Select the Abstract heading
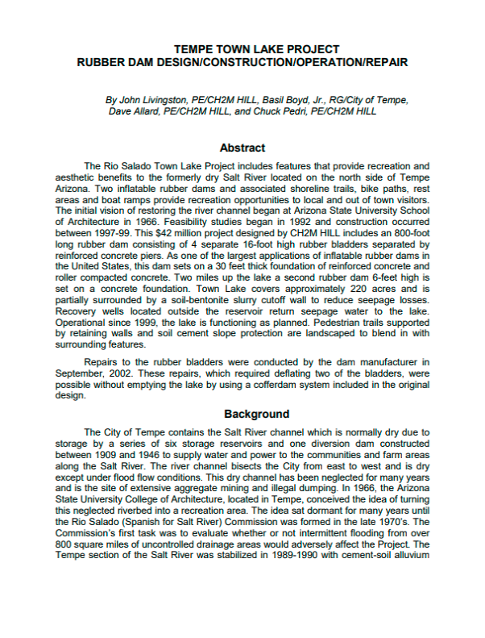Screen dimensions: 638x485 coord(242,148)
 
